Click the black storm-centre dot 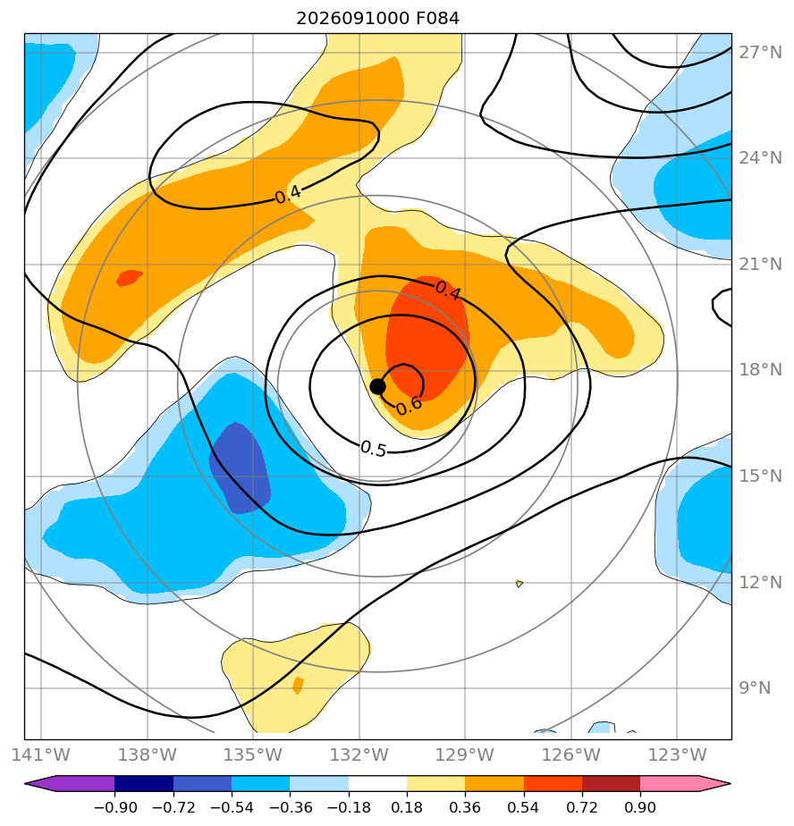click(377, 386)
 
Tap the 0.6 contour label click(409, 405)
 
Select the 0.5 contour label click(374, 448)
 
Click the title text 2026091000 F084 click(377, 19)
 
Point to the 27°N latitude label click(760, 53)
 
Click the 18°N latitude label click(760, 370)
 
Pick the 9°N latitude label click(755, 687)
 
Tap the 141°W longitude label click(40, 754)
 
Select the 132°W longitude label click(359, 754)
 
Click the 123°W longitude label click(677, 754)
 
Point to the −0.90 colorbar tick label click(114, 807)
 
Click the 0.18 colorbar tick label click(407, 807)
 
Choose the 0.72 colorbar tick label click(582, 807)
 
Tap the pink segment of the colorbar click(669, 783)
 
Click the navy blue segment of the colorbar click(144, 783)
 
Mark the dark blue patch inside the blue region click(240, 468)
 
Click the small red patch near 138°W click(129, 277)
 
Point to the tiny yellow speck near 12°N click(519, 583)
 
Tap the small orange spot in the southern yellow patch click(298, 686)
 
